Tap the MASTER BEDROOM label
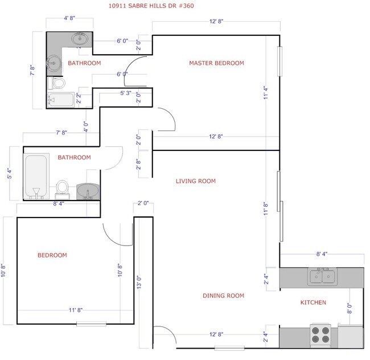[216, 63]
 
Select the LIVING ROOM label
[195, 181]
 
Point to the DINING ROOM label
[223, 296]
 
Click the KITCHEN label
[313, 302]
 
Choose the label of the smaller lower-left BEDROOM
[52, 255]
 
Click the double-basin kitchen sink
[322, 277]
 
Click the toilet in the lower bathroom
[62, 188]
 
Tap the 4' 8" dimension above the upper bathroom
[69, 18]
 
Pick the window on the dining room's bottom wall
[229, 347]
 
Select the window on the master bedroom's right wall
[279, 62]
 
